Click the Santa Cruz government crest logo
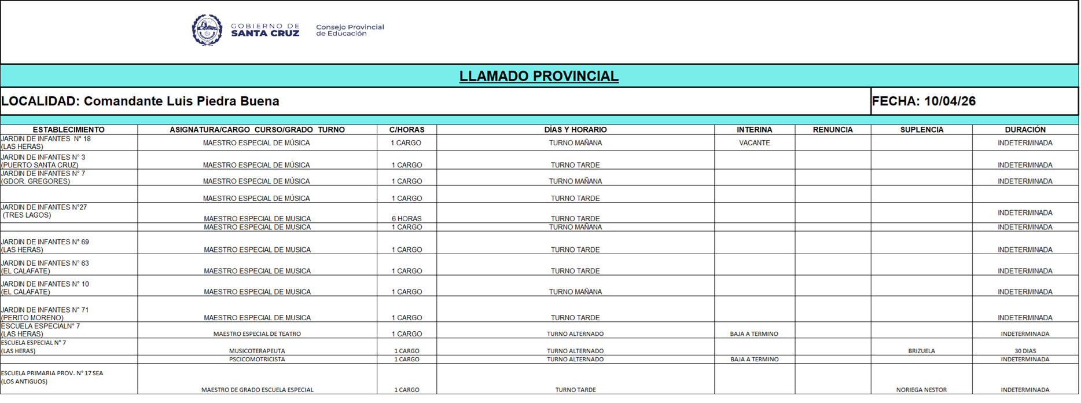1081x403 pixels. (207, 30)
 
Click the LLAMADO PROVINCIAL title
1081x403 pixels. (539, 76)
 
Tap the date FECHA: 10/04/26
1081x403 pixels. (924, 101)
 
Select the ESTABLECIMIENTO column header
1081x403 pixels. (68, 130)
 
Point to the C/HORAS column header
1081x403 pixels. (407, 130)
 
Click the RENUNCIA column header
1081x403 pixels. (833, 130)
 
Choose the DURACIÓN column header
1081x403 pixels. (1025, 130)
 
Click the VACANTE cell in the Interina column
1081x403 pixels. (755, 143)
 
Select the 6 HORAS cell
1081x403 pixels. (407, 219)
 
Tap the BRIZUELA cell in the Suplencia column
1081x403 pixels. (921, 351)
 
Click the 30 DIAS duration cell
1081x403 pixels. (1025, 351)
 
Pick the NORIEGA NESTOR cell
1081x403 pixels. (921, 390)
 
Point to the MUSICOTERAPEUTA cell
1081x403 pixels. (257, 351)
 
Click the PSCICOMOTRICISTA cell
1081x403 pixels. (257, 360)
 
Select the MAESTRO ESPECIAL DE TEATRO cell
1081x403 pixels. (257, 334)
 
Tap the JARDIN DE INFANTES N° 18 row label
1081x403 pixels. (46, 142)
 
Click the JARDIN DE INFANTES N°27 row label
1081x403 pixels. (44, 211)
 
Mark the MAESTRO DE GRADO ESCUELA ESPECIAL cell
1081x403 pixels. (257, 390)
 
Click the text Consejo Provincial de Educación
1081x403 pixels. (350, 30)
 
